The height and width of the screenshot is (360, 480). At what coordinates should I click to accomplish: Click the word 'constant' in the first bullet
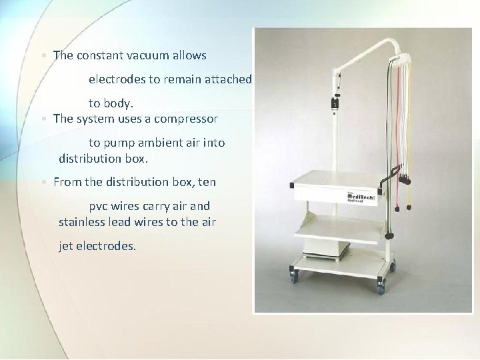click(99, 55)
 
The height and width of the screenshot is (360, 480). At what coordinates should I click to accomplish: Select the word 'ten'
click(208, 181)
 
